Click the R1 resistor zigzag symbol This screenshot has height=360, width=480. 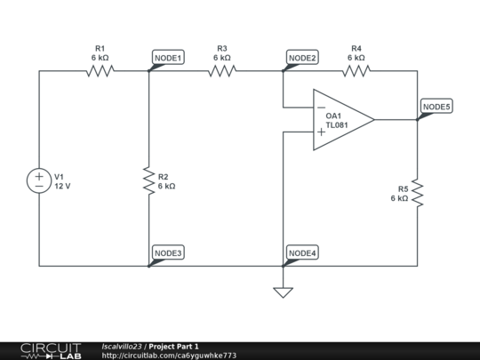pos(100,71)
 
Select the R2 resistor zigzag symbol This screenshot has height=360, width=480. pos(149,180)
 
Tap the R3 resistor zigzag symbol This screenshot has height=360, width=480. pos(222,71)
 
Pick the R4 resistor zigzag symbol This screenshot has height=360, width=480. pos(356,71)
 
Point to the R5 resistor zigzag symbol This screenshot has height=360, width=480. pos(418,193)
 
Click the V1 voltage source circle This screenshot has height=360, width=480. pos(39,180)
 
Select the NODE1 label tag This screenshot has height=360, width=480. pos(168,57)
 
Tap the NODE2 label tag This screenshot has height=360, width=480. pos(302,57)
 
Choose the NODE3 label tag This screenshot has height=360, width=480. pos(168,252)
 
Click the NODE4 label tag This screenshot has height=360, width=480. pos(302,252)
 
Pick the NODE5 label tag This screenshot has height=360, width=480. pos(436,107)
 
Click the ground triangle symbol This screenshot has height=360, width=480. pos(284,292)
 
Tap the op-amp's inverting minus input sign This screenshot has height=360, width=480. pos(321,108)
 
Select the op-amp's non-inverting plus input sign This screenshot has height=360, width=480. pos(321,132)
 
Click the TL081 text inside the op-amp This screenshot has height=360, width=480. pos(337,125)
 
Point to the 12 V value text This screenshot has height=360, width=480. pos(62,186)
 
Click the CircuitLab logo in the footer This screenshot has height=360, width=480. pos(52,351)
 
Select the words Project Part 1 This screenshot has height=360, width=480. pos(173,347)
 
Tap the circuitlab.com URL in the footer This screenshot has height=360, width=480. pos(169,356)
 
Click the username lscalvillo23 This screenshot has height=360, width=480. pos(122,347)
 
